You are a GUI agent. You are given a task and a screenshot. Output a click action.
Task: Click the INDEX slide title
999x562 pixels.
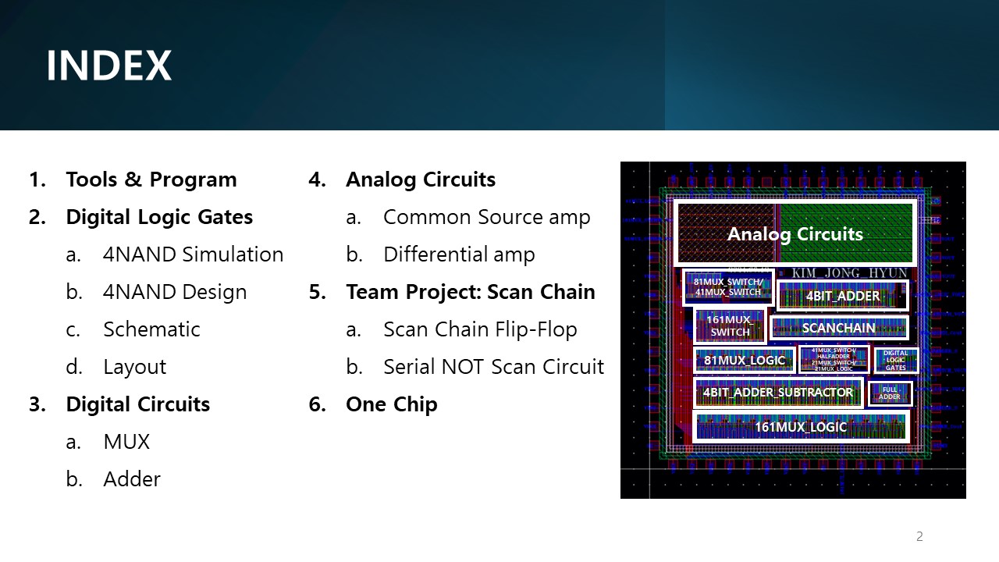pyautogui.click(x=108, y=66)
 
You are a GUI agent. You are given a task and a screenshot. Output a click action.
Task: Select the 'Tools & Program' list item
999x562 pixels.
pyautogui.click(x=151, y=180)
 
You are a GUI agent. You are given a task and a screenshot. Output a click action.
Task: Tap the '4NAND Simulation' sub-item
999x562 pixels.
pyautogui.click(x=193, y=254)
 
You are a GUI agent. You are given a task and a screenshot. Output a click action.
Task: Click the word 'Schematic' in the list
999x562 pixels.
pyautogui.click(x=151, y=329)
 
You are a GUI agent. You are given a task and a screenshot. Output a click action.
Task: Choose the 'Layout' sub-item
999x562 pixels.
pyautogui.click(x=134, y=367)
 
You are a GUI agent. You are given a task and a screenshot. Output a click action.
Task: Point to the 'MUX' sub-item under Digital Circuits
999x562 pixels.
pyautogui.click(x=126, y=442)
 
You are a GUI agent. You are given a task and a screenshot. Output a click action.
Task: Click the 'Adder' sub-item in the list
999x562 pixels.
pyautogui.click(x=131, y=479)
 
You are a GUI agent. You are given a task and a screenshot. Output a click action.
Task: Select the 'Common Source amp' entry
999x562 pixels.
pyautogui.click(x=486, y=217)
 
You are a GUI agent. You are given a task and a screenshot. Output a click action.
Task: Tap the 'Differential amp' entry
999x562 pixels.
pyautogui.click(x=459, y=254)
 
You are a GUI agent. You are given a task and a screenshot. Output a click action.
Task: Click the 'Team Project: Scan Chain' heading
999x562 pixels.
pyautogui.click(x=470, y=292)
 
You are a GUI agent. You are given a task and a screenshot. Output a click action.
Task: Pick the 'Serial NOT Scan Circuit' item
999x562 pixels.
pyautogui.click(x=493, y=367)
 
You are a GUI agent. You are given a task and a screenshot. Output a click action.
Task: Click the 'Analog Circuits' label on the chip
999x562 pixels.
pyautogui.click(x=795, y=234)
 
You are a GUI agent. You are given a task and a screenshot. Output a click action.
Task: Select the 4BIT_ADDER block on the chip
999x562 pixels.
pyautogui.click(x=842, y=296)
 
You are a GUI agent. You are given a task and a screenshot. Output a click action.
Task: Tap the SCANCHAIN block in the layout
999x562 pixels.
pyautogui.click(x=838, y=328)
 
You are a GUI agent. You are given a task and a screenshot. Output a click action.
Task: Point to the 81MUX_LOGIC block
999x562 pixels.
pyautogui.click(x=744, y=360)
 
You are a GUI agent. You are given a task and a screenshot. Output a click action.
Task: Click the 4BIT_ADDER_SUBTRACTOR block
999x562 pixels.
pyautogui.click(x=777, y=393)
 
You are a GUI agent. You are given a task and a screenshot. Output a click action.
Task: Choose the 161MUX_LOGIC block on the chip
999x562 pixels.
pyautogui.click(x=800, y=427)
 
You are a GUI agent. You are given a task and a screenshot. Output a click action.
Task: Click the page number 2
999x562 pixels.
pyautogui.click(x=919, y=536)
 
